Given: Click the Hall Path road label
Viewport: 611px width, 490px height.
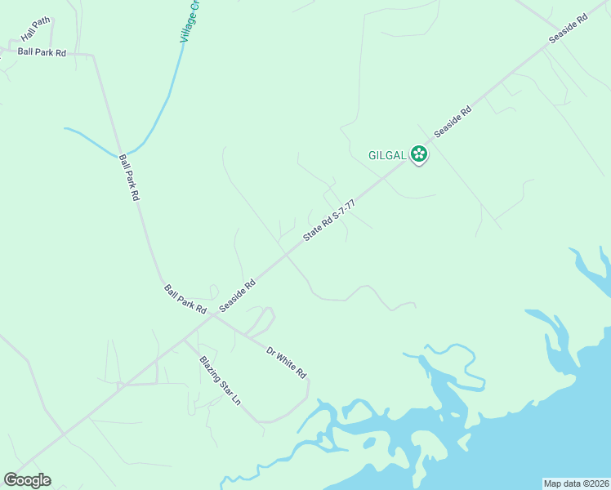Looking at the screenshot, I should [x=36, y=31].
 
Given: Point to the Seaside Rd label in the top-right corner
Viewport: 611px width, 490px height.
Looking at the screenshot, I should [x=569, y=29].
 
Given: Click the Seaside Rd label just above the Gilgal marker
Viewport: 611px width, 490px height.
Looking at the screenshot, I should [x=453, y=121].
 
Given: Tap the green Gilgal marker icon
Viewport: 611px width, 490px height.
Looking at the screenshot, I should [x=419, y=153].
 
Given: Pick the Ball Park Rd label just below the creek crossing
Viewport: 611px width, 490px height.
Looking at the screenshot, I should [x=130, y=178].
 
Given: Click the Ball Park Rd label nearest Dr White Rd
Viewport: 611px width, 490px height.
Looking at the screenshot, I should [x=185, y=298].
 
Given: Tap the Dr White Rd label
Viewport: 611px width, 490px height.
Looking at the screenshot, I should [x=286, y=362].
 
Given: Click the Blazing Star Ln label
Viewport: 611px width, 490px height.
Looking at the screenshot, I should [x=221, y=381].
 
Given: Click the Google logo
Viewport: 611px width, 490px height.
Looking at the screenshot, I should [x=27, y=480].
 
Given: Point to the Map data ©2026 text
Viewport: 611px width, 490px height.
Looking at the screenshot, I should [x=576, y=483].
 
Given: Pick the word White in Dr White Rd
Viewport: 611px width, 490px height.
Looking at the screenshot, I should [x=287, y=363].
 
